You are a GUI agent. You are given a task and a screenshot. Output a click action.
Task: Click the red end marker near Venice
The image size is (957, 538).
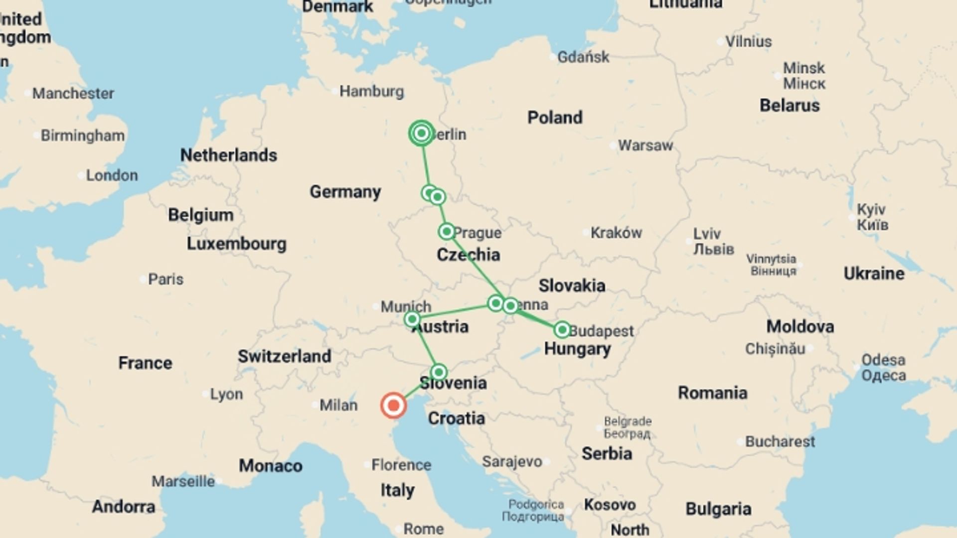point(393,405)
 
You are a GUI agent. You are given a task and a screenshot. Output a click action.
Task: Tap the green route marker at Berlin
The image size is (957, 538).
point(421,133)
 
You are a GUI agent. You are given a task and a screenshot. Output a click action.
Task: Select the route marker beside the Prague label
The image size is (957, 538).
point(447,231)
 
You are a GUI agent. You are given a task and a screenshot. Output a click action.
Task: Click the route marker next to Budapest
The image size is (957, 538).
point(562,329)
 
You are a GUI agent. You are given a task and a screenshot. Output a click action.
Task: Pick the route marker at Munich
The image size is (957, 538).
point(412,319)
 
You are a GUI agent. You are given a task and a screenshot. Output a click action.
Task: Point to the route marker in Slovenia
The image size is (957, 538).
point(439,372)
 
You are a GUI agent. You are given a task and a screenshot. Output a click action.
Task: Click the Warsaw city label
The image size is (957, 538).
point(645,145)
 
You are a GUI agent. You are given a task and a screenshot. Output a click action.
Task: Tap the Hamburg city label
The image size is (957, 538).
point(371,91)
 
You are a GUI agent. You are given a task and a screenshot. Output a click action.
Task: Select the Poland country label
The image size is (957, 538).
point(555,118)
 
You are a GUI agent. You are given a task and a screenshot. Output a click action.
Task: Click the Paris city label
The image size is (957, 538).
point(165,279)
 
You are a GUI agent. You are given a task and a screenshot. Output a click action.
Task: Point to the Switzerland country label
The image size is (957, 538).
point(284,356)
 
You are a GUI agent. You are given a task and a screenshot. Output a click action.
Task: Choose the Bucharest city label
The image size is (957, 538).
point(780,441)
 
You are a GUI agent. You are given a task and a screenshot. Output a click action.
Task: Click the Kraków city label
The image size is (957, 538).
point(616,233)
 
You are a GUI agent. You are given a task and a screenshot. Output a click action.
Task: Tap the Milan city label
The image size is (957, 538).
point(338,405)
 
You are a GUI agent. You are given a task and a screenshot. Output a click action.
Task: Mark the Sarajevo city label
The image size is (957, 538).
point(512,462)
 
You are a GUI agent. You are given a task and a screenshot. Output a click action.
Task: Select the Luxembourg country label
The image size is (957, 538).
point(237,244)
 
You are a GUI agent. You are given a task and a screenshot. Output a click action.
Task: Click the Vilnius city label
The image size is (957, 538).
point(748,42)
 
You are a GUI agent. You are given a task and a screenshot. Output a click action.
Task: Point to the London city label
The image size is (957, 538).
point(112,175)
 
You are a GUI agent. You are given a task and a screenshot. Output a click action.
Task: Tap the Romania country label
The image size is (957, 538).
point(712,393)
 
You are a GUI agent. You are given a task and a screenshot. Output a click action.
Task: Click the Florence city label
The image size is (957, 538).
point(401,465)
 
